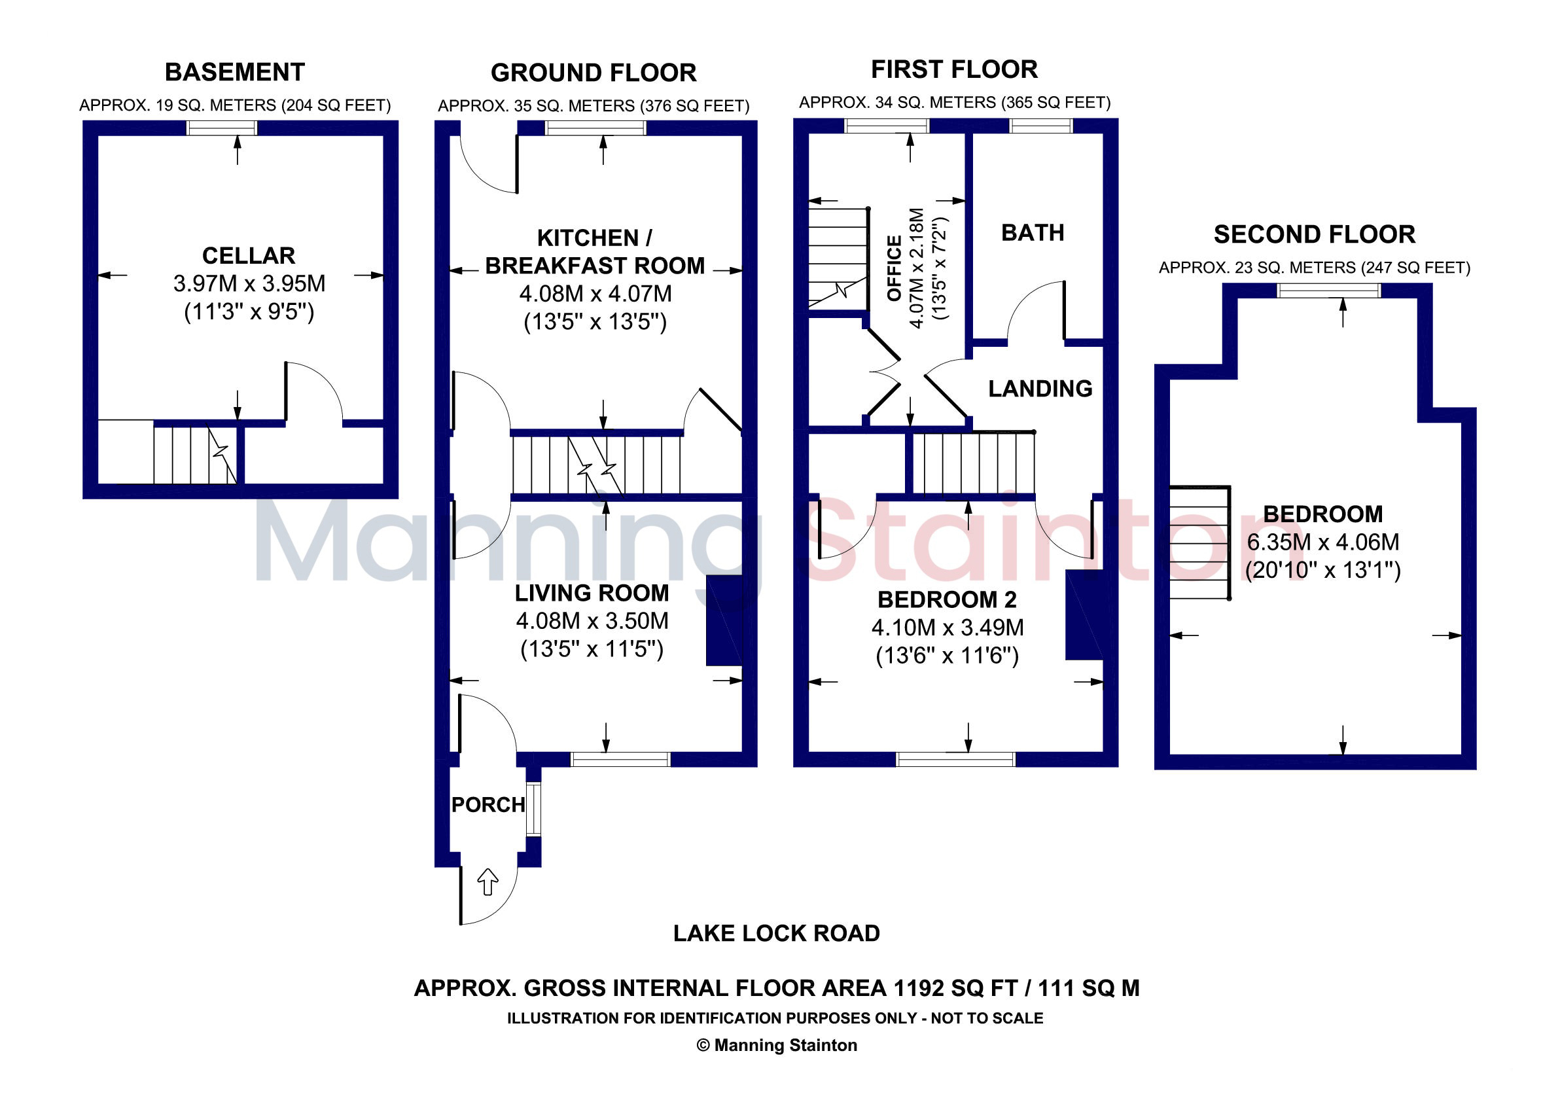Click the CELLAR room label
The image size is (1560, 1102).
249,255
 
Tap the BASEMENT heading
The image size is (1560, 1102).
235,72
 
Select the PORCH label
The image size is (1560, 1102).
489,805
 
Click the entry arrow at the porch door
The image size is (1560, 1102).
488,882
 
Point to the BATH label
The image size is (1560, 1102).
1033,233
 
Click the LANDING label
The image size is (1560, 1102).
1040,389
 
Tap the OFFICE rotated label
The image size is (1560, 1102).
895,268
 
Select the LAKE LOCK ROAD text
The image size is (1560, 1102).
777,934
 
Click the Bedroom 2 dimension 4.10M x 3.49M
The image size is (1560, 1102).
948,627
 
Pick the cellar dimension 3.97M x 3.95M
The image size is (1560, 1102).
249,283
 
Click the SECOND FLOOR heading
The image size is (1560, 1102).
1315,234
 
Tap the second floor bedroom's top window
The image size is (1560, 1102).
1329,291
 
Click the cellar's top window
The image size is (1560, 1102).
222,128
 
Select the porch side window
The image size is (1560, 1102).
534,809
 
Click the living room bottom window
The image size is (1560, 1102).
620,760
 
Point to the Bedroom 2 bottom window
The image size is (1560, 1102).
956,760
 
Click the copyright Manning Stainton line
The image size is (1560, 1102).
777,1046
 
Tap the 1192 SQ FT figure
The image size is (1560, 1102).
955,988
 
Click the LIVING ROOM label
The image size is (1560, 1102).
592,593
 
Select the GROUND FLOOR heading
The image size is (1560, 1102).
594,73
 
